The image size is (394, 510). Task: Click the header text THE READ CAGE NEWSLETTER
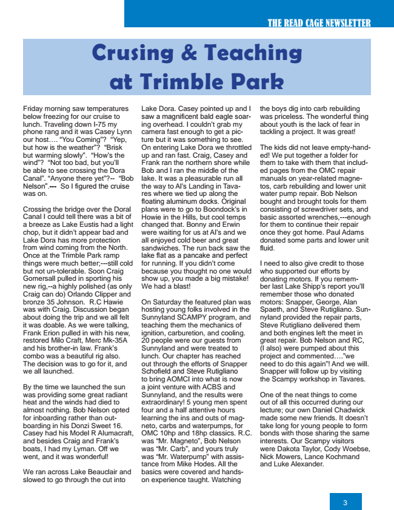coord(318,23)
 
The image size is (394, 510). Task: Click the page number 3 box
coord(345,502)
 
